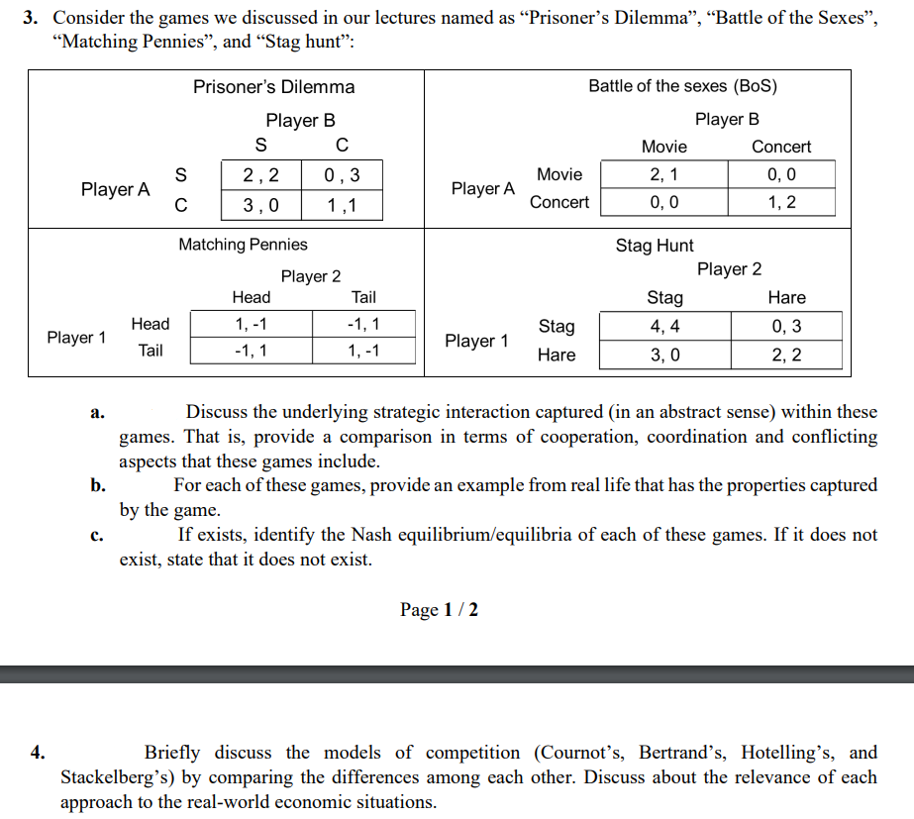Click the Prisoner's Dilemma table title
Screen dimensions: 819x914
(273, 87)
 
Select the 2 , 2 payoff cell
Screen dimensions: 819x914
(260, 176)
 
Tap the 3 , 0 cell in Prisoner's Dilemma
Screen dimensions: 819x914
(260, 205)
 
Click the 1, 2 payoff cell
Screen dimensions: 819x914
(781, 202)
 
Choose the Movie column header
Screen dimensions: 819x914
(663, 147)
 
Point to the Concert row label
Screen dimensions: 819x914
(559, 202)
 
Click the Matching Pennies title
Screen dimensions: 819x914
(243, 244)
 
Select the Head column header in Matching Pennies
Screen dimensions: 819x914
(251, 297)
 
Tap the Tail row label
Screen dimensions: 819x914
(151, 350)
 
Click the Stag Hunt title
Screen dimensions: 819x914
(655, 246)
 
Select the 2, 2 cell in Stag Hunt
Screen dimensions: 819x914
(786, 355)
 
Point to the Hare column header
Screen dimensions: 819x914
(786, 297)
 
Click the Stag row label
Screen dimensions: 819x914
(556, 326)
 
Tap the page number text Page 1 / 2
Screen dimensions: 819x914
(439, 609)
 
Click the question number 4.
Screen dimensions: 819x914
(38, 753)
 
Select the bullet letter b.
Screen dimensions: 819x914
(97, 485)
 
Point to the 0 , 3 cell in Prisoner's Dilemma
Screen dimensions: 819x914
(342, 176)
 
